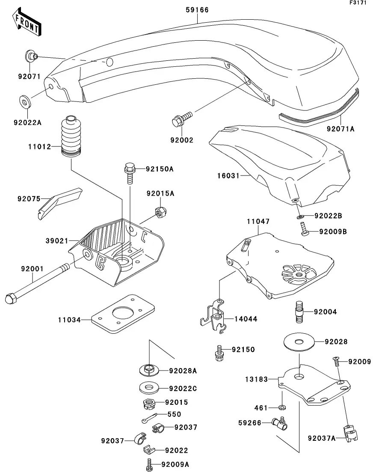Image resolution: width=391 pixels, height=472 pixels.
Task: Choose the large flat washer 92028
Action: pos(299,341)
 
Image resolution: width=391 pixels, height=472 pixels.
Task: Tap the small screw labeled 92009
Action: pos(337,362)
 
